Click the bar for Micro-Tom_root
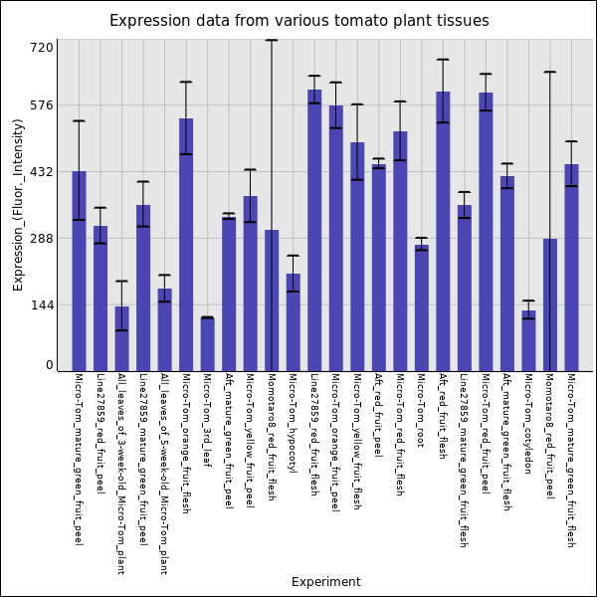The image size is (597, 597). click(x=421, y=308)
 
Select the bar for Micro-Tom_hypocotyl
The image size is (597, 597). click(x=293, y=322)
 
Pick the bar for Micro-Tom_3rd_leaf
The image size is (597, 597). click(x=207, y=344)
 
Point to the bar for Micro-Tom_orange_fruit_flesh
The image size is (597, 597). click(x=186, y=245)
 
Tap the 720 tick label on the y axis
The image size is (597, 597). click(x=42, y=47)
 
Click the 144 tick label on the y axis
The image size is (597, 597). click(x=42, y=304)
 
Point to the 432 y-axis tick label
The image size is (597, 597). click(x=42, y=171)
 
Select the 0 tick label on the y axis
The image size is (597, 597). click(x=48, y=365)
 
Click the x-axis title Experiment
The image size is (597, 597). click(x=325, y=582)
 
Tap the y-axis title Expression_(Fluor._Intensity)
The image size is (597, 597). click(x=18, y=204)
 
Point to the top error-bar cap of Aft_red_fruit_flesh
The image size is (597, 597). click(x=443, y=60)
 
